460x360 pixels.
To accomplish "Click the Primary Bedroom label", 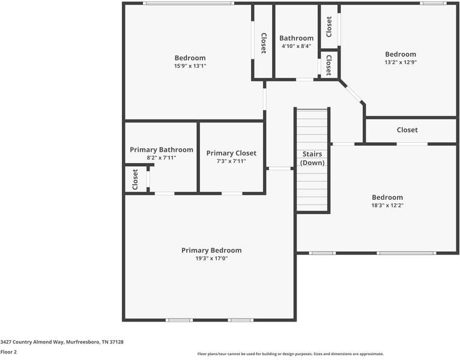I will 211,250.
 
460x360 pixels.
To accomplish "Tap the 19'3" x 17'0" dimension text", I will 211,258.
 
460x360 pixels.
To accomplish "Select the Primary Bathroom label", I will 162,149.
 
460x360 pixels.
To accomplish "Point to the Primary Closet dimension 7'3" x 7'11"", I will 231,161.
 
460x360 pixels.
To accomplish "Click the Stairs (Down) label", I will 312,158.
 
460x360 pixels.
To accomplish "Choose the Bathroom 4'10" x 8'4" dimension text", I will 296,46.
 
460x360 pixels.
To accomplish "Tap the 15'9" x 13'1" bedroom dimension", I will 190,66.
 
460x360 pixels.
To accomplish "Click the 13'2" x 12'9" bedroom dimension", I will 400,62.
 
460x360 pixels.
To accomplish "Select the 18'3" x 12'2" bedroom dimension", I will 387,205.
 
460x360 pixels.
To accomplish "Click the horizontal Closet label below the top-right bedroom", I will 407,130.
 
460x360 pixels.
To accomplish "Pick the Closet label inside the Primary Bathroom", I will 135,179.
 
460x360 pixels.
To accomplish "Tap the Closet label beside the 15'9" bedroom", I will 263,43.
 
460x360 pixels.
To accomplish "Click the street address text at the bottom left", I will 62,341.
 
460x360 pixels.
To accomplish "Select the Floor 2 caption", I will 8,352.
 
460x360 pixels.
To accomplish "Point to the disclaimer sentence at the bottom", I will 291,354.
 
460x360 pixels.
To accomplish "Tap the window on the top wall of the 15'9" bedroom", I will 188,4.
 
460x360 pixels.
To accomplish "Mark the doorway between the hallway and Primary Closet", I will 279,169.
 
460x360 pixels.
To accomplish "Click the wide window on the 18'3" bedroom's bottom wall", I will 406,253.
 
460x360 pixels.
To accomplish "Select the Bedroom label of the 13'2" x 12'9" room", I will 400,54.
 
